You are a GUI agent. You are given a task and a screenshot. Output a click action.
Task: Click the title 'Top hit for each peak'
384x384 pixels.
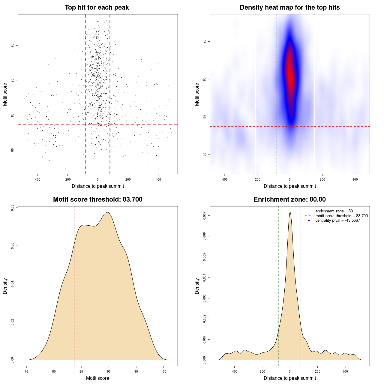[97, 7]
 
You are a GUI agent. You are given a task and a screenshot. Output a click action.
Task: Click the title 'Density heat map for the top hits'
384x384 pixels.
[289, 7]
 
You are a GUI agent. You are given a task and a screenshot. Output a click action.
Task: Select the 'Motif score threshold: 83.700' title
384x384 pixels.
[97, 199]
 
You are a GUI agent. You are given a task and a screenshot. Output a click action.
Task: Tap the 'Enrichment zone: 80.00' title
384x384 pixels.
[289, 199]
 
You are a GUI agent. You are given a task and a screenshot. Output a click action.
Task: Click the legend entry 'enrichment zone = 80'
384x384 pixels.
[334, 211]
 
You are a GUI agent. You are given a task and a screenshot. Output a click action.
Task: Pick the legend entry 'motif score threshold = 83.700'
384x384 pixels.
[341, 216]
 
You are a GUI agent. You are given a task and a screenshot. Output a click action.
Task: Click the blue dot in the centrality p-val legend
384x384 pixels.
[309, 220]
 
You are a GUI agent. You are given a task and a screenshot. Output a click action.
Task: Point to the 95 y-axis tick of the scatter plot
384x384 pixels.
[12, 45]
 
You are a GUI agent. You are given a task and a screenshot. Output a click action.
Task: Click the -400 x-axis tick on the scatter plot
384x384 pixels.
[37, 179]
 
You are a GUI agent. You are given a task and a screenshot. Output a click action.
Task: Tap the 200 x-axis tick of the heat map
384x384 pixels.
[322, 179]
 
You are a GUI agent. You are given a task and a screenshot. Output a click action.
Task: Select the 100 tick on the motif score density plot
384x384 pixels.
[163, 371]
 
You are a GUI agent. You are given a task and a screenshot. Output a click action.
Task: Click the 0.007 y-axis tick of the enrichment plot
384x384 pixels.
[204, 216]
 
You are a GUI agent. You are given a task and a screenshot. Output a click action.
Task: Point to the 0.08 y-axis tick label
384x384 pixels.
[12, 208]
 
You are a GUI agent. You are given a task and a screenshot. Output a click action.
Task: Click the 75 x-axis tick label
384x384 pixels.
[26, 371]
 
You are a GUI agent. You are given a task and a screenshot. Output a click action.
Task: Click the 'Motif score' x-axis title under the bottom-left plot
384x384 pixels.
[97, 378]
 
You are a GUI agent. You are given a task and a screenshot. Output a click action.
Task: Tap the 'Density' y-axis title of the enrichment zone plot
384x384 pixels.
[197, 286]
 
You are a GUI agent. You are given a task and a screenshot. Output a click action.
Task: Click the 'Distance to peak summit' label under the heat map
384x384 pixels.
[289, 186]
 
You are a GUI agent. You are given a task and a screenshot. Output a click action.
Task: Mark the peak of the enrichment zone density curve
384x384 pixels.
[290, 213]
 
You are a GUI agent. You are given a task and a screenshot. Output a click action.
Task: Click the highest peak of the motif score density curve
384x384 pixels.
[107, 212]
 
